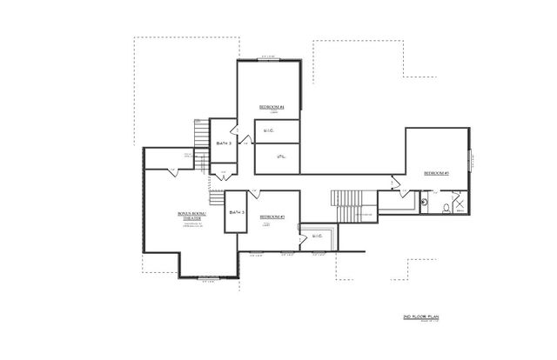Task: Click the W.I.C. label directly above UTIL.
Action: tap(270, 131)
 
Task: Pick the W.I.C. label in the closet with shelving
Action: tap(317, 234)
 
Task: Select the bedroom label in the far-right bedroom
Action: tap(436, 174)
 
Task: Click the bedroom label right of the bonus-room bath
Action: tap(272, 216)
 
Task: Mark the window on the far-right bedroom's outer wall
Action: tap(471, 162)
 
